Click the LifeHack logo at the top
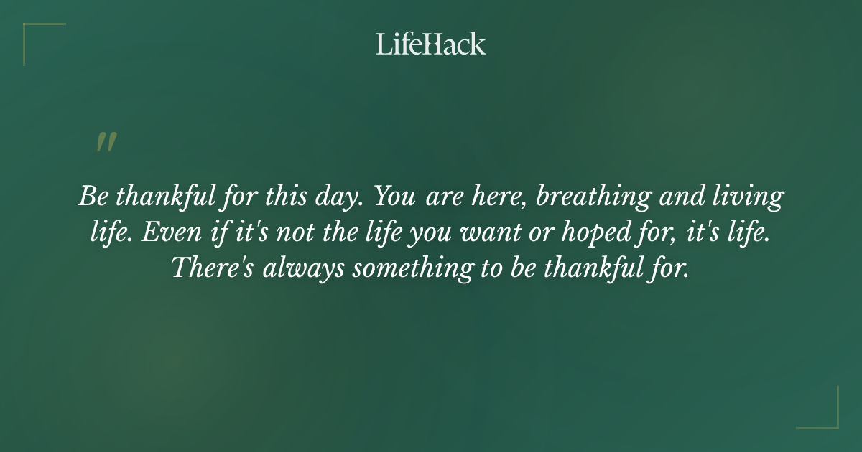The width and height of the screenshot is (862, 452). pos(430,44)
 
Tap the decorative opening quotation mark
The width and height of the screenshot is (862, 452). pos(106,142)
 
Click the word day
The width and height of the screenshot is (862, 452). pos(339,197)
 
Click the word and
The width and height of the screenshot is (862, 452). pos(686,196)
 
